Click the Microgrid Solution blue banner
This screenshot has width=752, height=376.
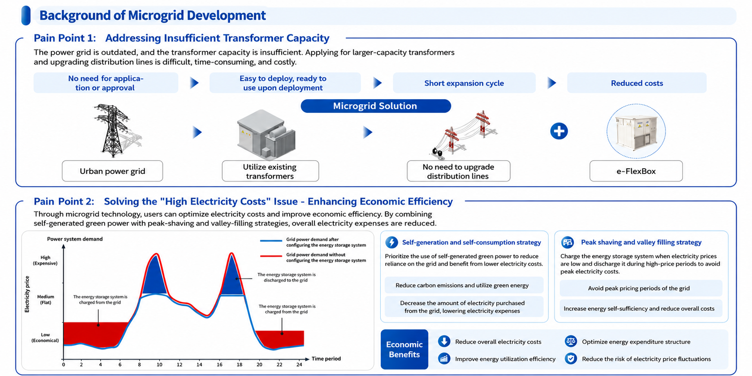tap(376, 106)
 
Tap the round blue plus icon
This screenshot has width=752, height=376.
tap(559, 131)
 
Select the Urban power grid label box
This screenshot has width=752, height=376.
tap(112, 171)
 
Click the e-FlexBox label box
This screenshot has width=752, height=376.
tap(636, 171)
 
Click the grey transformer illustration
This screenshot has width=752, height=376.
tap(266, 134)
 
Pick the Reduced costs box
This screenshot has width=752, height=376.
tap(637, 83)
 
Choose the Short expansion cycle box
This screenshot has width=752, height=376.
tap(464, 83)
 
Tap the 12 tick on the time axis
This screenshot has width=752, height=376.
tap(180, 365)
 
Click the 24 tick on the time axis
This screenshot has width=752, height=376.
tap(299, 365)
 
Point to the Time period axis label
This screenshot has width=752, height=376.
tap(326, 359)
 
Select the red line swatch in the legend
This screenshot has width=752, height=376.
tap(271, 256)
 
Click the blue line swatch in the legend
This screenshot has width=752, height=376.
tap(271, 241)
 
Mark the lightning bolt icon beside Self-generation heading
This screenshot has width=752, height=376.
tap(392, 243)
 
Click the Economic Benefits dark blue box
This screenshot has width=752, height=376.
tap(404, 350)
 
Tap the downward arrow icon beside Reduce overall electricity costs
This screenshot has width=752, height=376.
tap(444, 341)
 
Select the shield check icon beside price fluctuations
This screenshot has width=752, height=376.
tap(571, 359)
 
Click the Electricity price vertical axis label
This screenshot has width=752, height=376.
tap(27, 294)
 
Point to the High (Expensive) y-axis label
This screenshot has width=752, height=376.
tap(45, 260)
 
